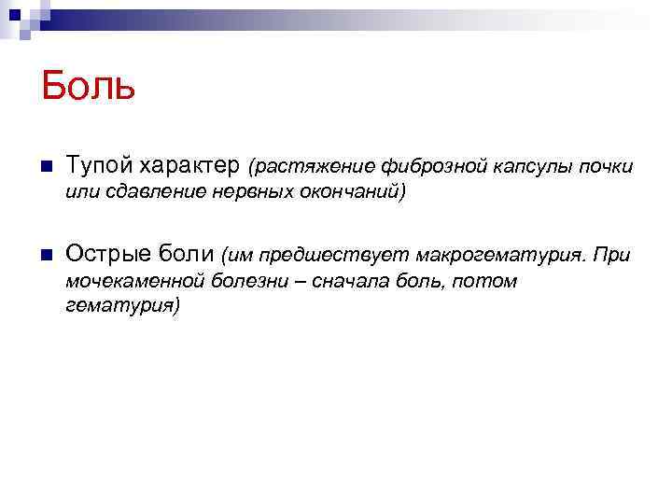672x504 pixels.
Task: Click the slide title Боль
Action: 89,87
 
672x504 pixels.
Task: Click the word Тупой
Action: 100,166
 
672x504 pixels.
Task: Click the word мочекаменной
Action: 127,280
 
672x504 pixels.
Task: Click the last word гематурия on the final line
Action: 120,305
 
